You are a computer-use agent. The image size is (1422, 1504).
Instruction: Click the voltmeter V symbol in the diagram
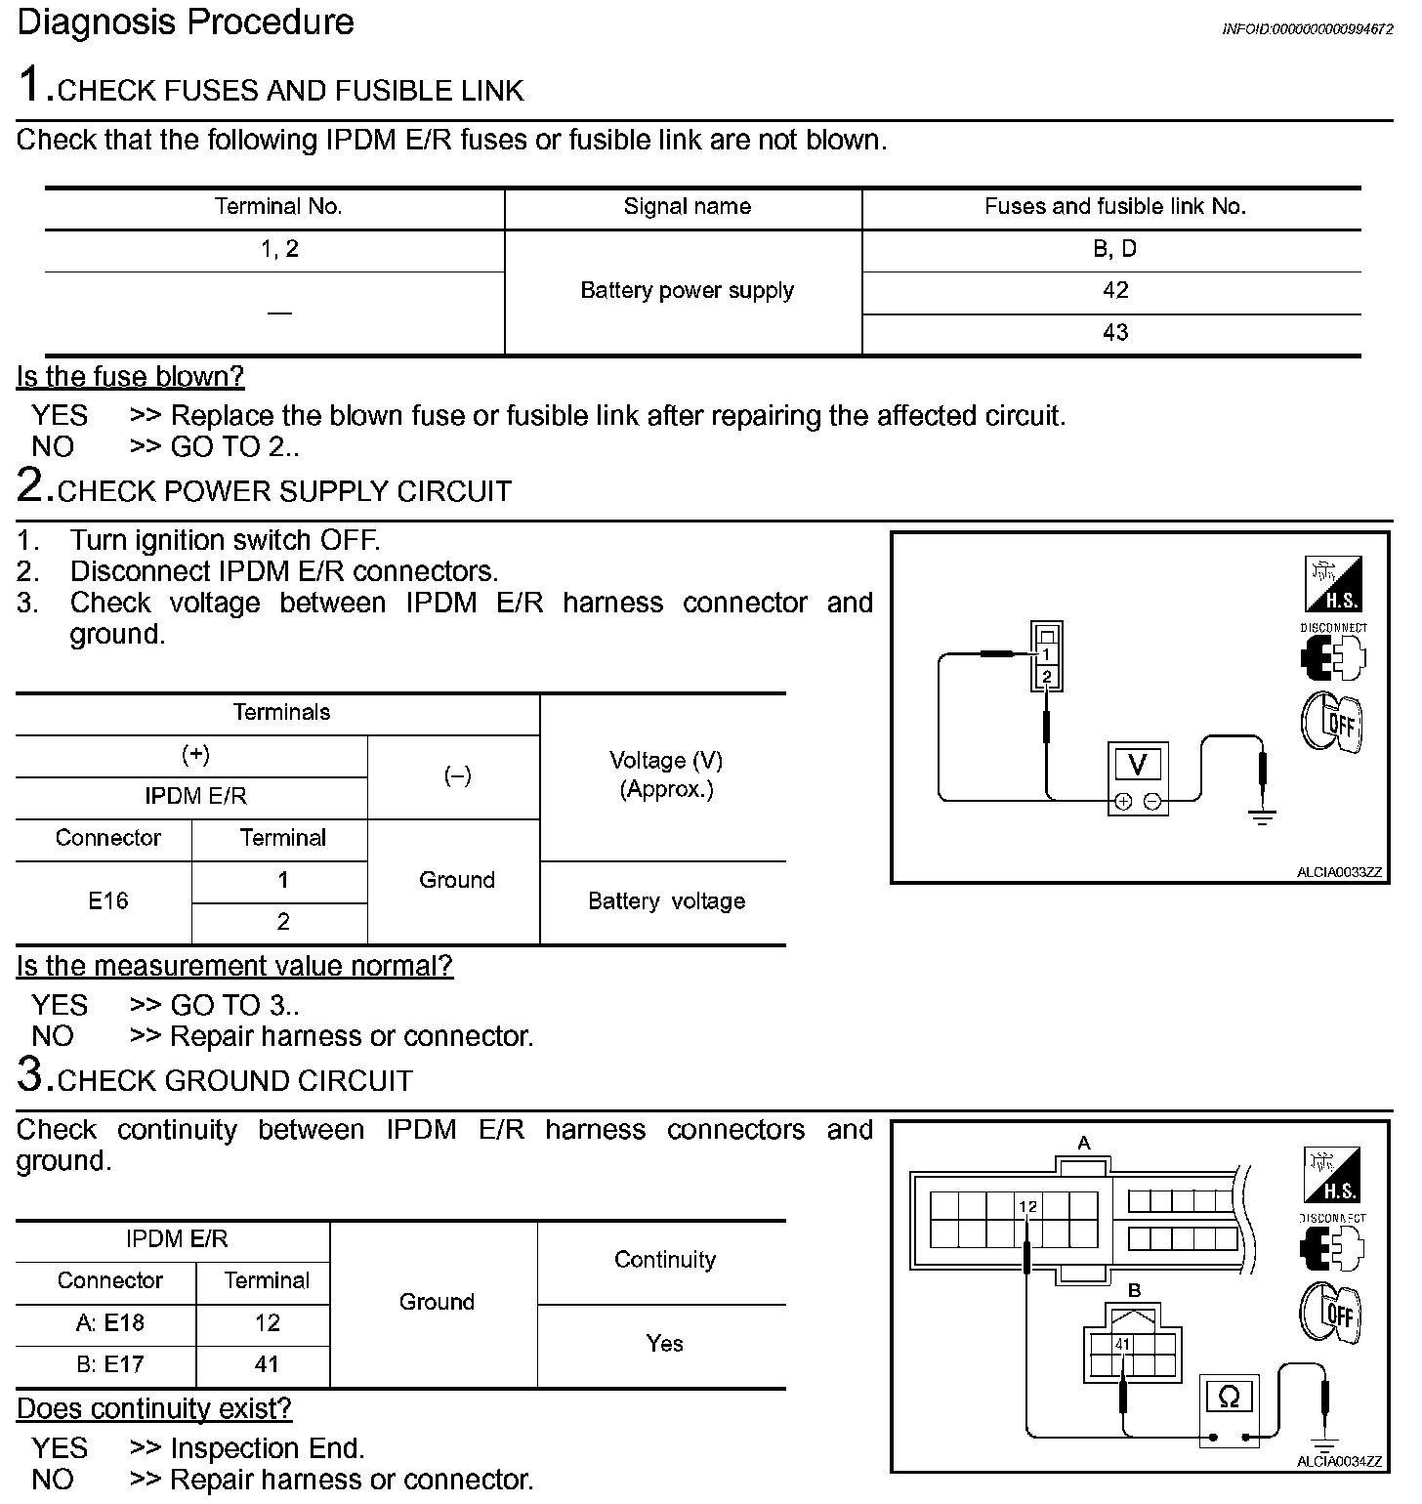(1138, 764)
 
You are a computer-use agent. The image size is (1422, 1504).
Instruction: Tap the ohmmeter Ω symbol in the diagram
(1229, 1398)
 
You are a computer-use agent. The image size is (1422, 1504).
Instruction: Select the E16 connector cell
(107, 901)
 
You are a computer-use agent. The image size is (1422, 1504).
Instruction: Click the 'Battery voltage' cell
(666, 901)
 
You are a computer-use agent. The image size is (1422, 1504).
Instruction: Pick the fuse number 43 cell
(1114, 333)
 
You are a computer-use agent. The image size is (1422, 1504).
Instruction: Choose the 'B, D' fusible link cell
(1114, 249)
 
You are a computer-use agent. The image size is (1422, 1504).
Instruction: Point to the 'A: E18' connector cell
(109, 1323)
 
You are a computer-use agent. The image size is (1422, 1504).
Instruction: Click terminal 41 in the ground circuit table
(267, 1364)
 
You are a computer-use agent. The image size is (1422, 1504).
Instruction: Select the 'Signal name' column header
(687, 207)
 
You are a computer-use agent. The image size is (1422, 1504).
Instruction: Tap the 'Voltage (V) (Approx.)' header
(666, 774)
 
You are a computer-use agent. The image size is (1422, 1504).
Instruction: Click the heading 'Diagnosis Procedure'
(186, 22)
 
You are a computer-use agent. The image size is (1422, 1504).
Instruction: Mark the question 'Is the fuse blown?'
(130, 377)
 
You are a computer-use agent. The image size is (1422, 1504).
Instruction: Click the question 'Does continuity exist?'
(154, 1408)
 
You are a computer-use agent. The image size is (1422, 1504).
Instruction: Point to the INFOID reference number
(1307, 29)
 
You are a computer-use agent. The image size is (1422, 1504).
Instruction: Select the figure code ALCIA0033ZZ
(1339, 872)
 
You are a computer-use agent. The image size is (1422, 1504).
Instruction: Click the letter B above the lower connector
(1134, 1291)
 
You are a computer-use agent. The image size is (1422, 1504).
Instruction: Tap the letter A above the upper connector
(1083, 1143)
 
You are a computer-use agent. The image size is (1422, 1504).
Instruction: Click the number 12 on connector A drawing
(1027, 1207)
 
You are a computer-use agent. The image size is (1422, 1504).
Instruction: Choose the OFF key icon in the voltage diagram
(1332, 722)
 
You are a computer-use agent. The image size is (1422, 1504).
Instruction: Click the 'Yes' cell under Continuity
(664, 1344)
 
